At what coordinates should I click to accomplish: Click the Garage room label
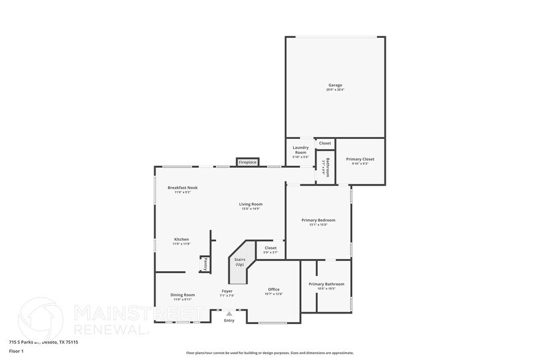click(x=335, y=85)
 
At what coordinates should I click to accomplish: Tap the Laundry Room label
click(x=300, y=149)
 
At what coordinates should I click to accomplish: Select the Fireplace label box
click(x=247, y=162)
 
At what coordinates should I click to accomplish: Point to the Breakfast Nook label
click(x=182, y=187)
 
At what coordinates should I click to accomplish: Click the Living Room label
click(x=250, y=204)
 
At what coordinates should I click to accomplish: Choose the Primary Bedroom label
click(x=318, y=220)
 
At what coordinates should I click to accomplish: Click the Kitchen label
click(x=181, y=239)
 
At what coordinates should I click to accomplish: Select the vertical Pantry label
click(x=206, y=264)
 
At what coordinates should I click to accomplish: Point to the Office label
click(x=274, y=289)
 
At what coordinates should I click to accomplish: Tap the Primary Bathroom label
click(x=326, y=284)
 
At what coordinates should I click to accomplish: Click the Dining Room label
click(x=182, y=295)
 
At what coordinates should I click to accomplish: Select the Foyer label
click(x=227, y=291)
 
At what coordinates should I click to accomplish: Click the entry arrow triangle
click(x=229, y=313)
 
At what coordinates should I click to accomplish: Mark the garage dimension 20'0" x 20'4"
click(x=335, y=90)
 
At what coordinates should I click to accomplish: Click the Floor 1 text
click(x=16, y=351)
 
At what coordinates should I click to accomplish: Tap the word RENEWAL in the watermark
click(x=111, y=329)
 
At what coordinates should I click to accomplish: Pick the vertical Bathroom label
click(x=328, y=167)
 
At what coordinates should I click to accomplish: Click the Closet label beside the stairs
click(x=271, y=248)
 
